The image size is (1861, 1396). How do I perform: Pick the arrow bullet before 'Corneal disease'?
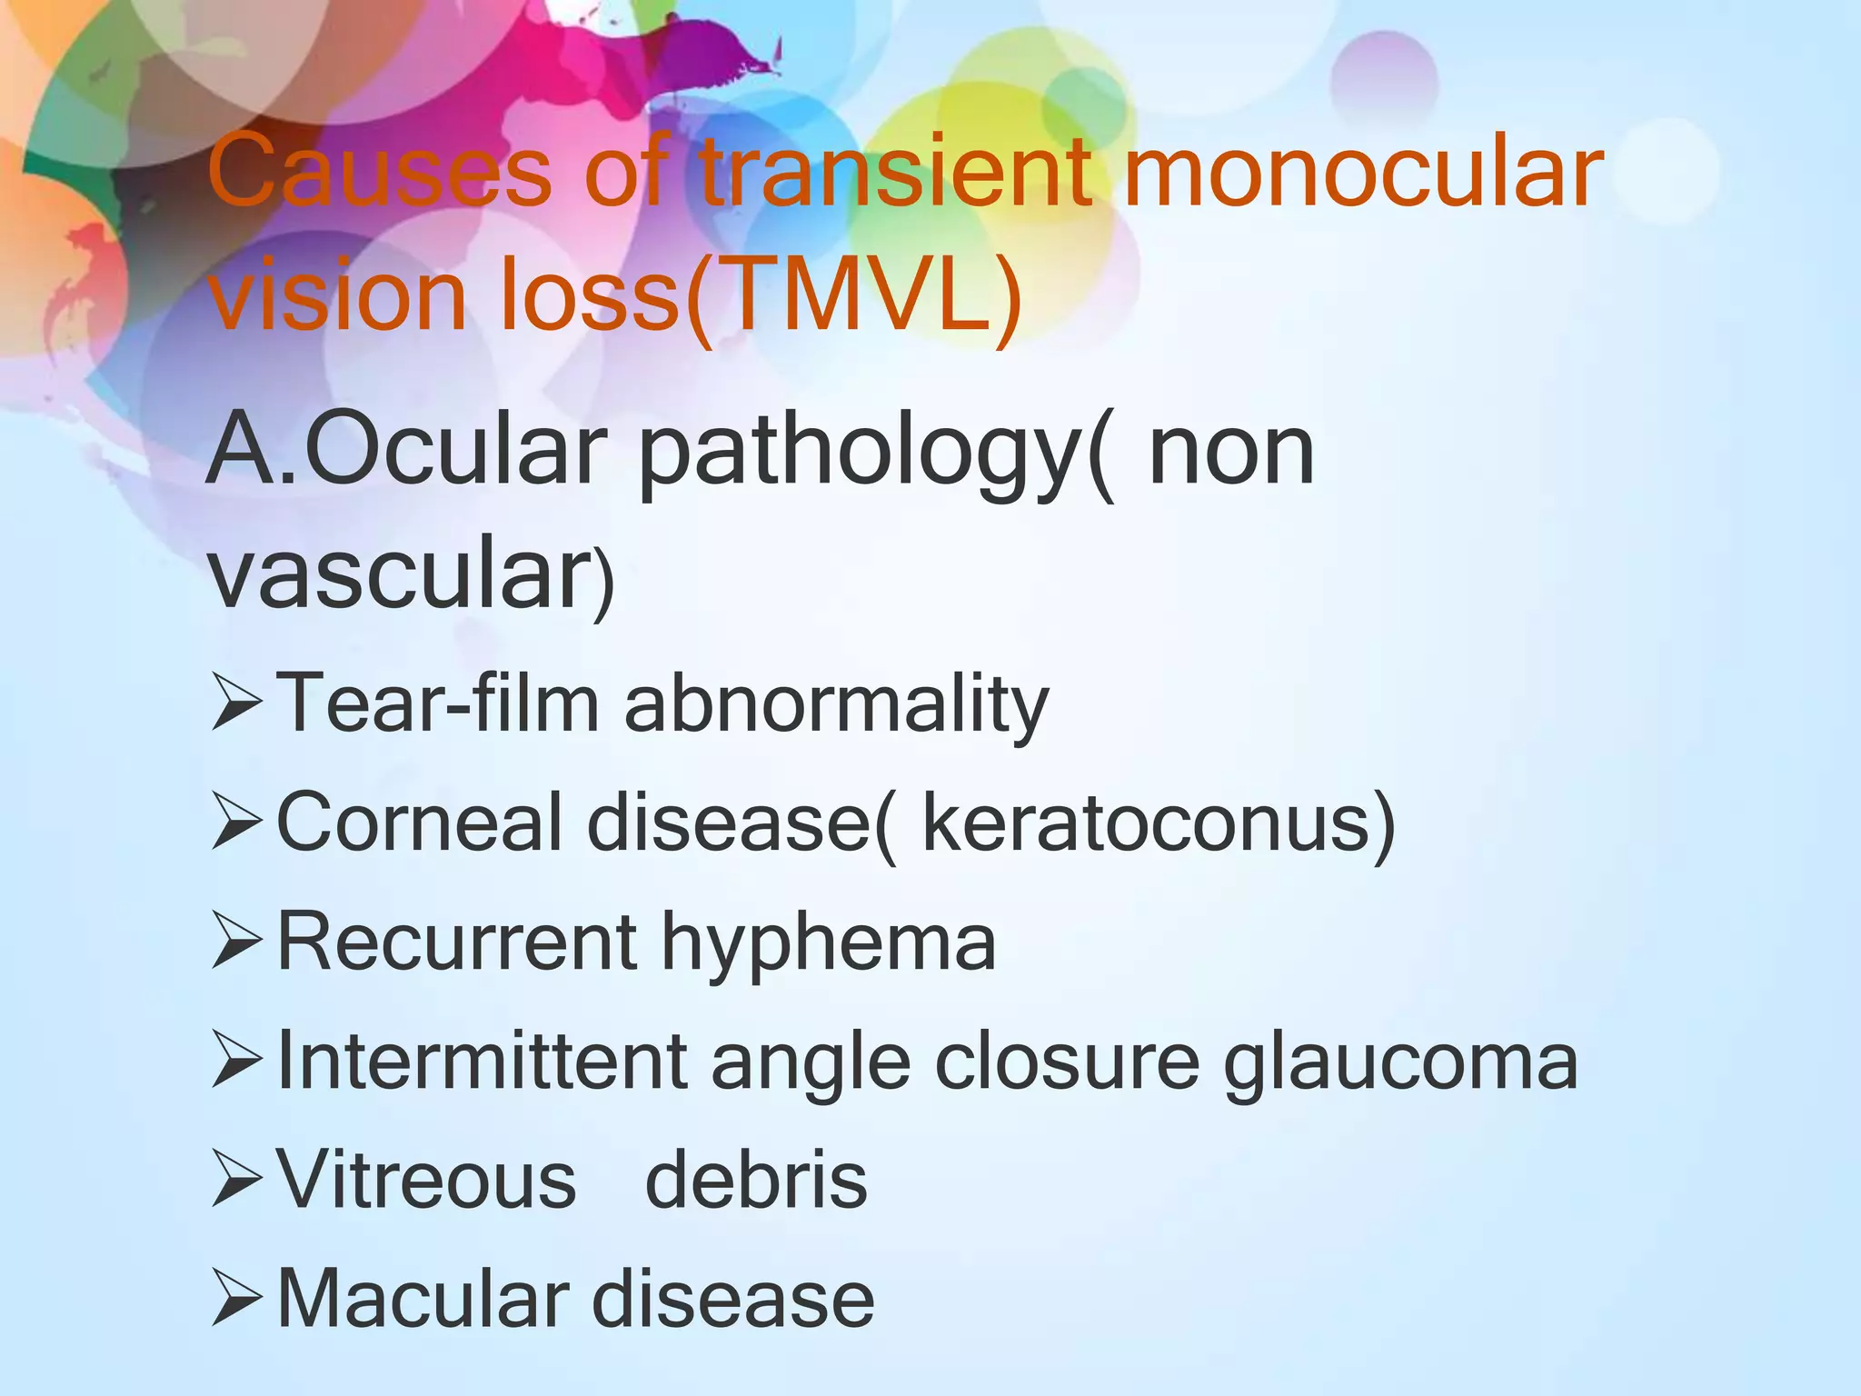237,823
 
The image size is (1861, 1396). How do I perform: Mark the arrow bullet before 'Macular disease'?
237,1301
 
